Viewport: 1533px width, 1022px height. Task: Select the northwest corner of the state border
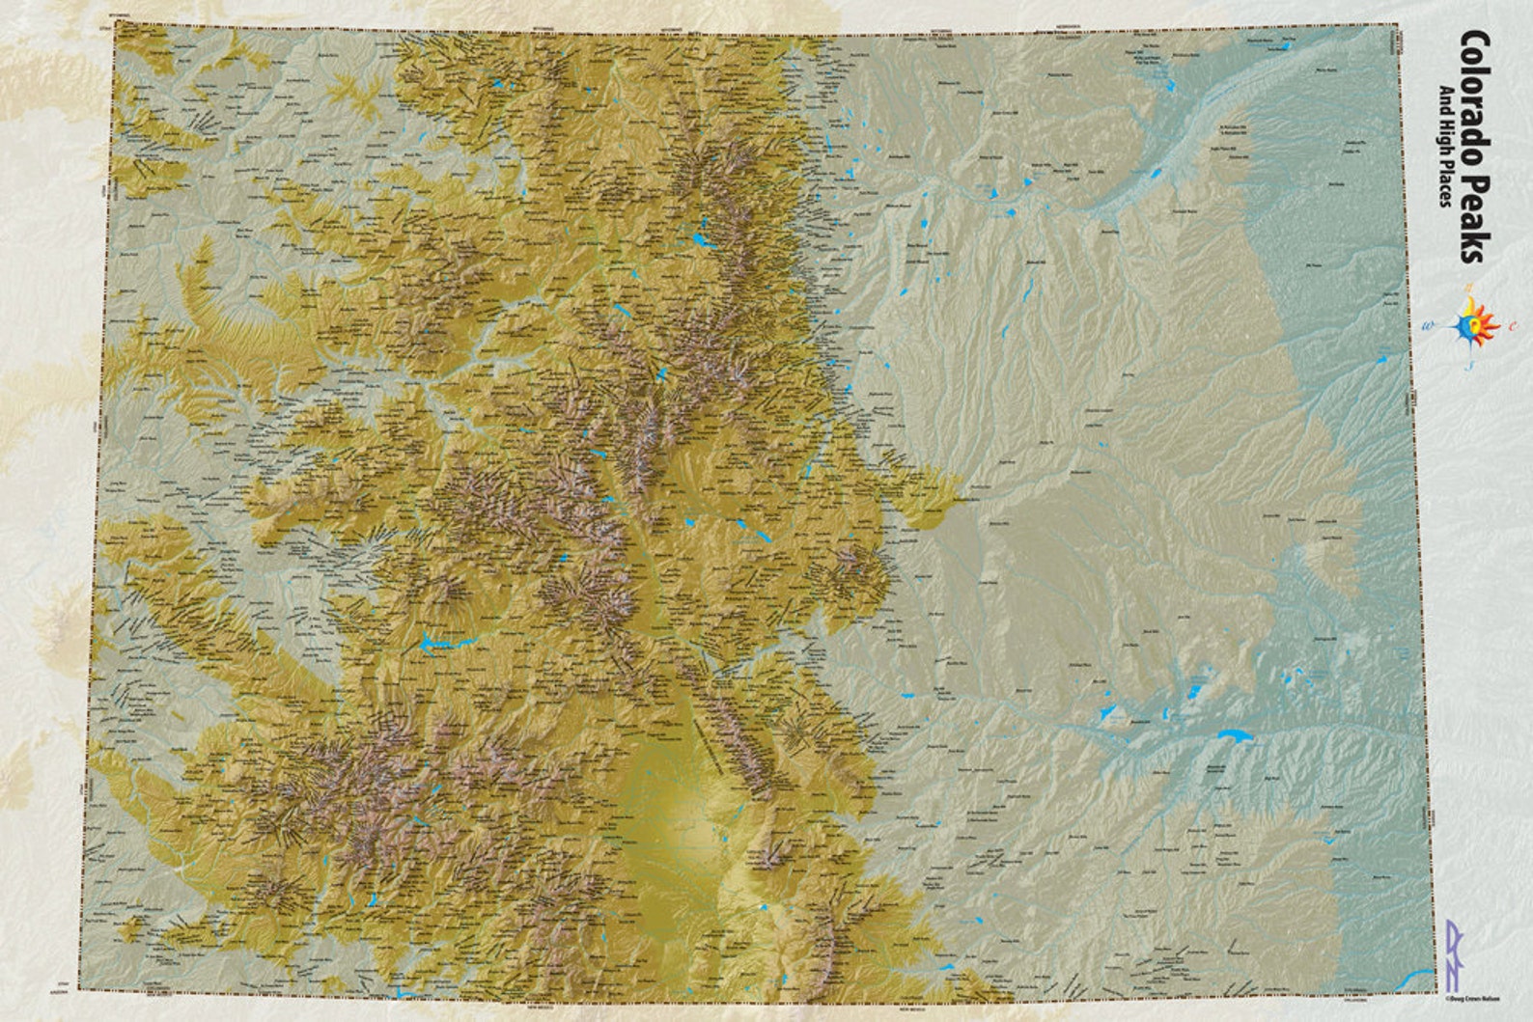[114, 22]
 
